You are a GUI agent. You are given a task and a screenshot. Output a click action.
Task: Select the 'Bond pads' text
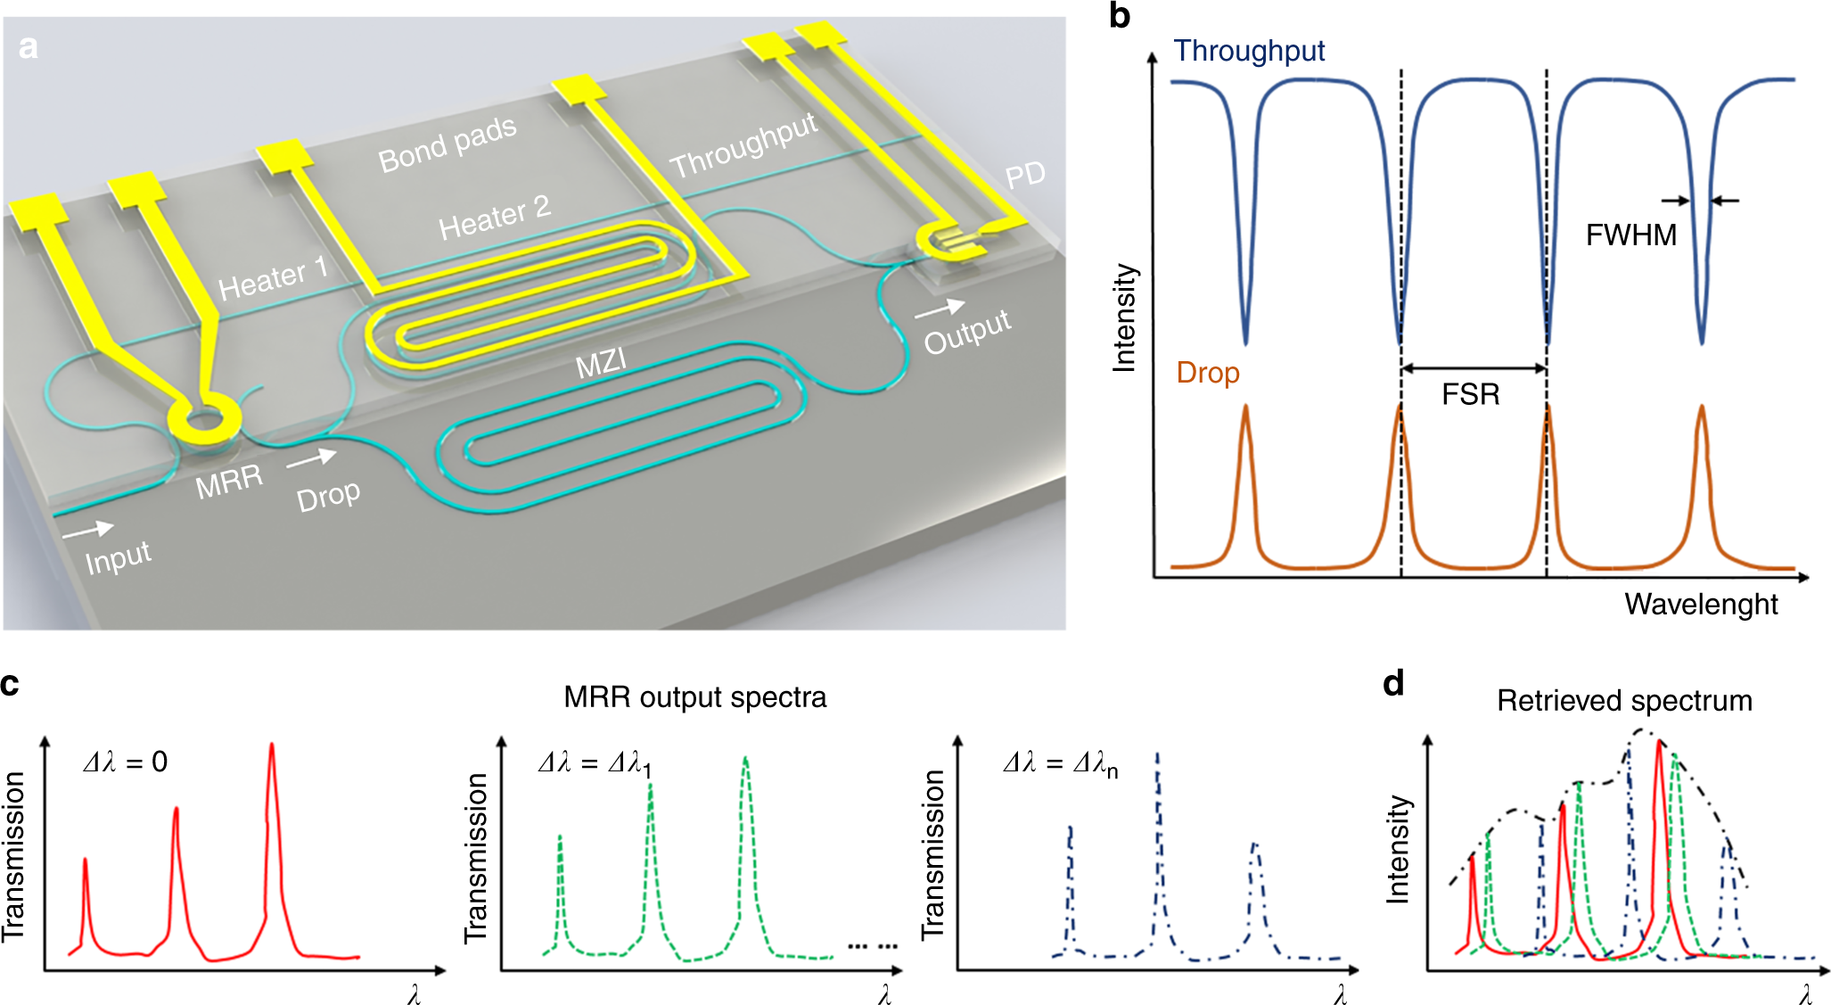(x=447, y=144)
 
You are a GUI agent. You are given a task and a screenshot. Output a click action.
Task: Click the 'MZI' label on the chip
(x=601, y=363)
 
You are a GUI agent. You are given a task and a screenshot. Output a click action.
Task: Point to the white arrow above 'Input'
(x=87, y=530)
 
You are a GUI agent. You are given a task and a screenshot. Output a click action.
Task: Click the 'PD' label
(x=1024, y=174)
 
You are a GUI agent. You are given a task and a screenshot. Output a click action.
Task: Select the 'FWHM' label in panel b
(x=1630, y=235)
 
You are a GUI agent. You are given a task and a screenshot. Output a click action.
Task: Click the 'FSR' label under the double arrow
(x=1470, y=394)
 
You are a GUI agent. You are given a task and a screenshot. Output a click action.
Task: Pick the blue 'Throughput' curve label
(x=1249, y=51)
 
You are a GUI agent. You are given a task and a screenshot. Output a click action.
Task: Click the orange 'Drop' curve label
(x=1207, y=372)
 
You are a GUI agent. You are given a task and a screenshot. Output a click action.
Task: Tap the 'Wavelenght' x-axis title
(x=1700, y=605)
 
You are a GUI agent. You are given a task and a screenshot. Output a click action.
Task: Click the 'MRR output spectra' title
(x=694, y=696)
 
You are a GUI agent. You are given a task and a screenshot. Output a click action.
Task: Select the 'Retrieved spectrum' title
(x=1623, y=700)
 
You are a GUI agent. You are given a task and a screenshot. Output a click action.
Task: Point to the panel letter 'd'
(x=1393, y=684)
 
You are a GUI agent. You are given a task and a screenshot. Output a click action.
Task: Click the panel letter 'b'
(x=1120, y=16)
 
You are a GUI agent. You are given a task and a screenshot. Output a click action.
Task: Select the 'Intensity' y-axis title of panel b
(x=1124, y=317)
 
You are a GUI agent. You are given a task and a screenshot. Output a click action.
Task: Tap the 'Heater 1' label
(x=273, y=277)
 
